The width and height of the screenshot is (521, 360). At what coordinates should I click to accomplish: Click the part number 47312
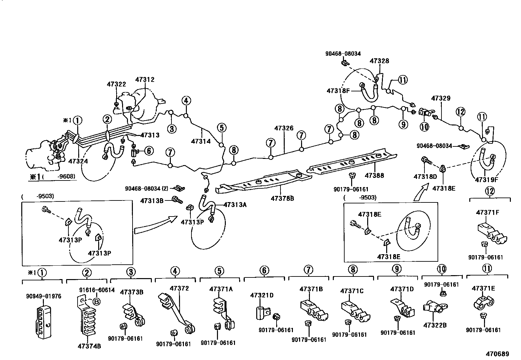point(145,80)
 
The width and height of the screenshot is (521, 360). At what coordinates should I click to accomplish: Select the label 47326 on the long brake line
point(284,128)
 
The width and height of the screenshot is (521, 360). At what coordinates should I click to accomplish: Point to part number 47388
point(374,176)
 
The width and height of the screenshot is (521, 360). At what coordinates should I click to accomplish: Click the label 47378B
point(282,199)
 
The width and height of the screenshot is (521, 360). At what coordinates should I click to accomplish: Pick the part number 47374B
point(89,346)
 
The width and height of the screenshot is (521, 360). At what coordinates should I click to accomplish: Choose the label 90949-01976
point(44,296)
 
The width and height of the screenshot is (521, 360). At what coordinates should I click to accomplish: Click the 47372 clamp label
point(179,288)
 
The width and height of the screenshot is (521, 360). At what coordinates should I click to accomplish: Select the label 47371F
point(488,212)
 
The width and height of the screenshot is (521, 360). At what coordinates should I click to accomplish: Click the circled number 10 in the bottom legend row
point(441,269)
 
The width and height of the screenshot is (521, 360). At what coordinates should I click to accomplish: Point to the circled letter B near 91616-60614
point(97,302)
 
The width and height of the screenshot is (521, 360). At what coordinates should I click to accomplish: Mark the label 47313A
point(235,205)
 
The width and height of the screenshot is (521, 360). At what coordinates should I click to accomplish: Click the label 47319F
point(486,180)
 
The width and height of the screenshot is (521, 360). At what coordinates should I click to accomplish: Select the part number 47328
point(380,61)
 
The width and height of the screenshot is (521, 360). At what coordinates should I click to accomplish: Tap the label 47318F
point(338,90)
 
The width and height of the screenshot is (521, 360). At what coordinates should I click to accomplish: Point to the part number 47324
point(78,161)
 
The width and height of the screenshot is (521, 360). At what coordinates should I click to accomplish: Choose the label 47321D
point(262,295)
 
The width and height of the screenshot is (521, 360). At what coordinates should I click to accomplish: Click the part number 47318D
point(425,177)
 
